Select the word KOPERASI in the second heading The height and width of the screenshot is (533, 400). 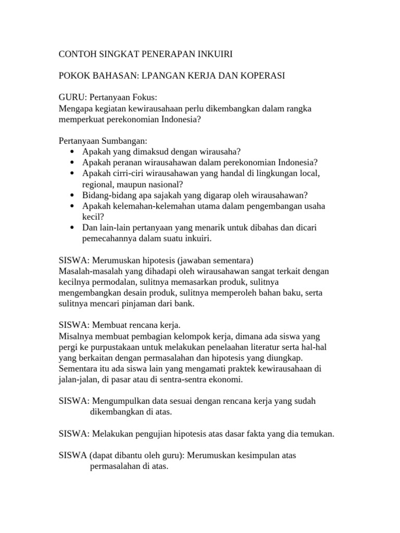click(260, 76)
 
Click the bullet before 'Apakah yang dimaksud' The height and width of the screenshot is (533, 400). click(71, 152)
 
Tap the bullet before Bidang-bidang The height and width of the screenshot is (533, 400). click(71, 195)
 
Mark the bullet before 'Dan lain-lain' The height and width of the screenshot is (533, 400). click(71, 228)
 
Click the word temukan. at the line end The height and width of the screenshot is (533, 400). click(316, 434)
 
